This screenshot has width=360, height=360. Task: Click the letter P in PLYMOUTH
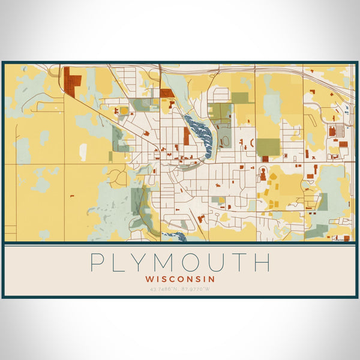tap(97, 262)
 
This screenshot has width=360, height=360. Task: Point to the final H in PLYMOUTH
tap(262, 262)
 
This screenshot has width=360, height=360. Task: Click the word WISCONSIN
tap(180, 279)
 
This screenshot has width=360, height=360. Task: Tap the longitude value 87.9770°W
tap(197, 289)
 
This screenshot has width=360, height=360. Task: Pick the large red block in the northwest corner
tap(73, 82)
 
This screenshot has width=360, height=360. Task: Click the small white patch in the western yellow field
tap(83, 152)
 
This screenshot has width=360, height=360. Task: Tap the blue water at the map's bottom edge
tap(174, 236)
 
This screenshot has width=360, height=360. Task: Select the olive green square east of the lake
tap(268, 147)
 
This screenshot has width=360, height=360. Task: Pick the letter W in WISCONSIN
tap(149, 279)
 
